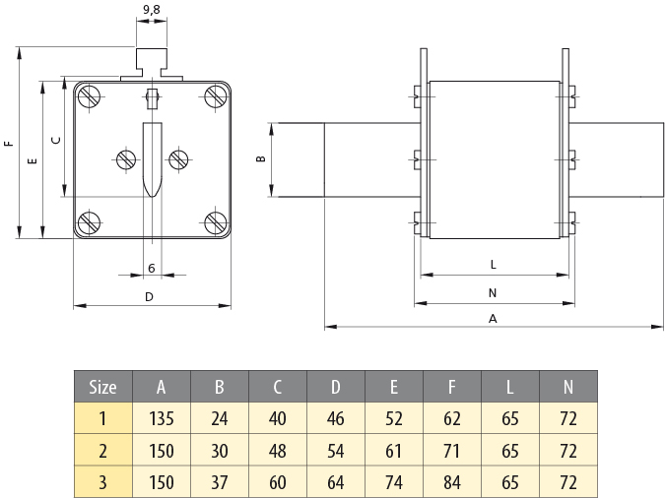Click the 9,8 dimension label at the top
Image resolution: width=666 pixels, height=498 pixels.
click(x=151, y=10)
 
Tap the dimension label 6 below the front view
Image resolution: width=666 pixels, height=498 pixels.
click(x=151, y=268)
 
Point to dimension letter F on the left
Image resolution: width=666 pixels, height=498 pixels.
click(x=9, y=144)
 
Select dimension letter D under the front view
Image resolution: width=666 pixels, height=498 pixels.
click(x=150, y=296)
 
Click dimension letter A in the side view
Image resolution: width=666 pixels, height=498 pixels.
click(x=493, y=318)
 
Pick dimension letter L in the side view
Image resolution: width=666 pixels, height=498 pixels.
click(x=493, y=265)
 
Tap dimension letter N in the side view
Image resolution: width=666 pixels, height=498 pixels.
click(x=493, y=292)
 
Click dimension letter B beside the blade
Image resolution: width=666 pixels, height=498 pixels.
click(x=261, y=158)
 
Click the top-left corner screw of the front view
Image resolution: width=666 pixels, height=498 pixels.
click(x=90, y=96)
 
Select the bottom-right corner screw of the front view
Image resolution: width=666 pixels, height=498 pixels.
click(x=216, y=222)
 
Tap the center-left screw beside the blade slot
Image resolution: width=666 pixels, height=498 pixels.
click(x=127, y=158)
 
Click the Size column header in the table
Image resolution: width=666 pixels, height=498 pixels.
click(x=102, y=387)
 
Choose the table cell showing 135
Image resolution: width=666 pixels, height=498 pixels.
click(x=161, y=418)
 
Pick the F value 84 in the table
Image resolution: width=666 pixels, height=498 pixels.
click(x=452, y=482)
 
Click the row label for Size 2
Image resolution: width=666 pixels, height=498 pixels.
click(x=102, y=451)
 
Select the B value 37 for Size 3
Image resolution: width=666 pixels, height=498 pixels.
click(x=219, y=482)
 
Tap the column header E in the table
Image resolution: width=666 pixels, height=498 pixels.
click(x=394, y=387)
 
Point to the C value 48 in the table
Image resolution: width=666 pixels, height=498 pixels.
click(x=277, y=451)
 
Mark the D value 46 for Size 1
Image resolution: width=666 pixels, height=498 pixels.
click(x=335, y=418)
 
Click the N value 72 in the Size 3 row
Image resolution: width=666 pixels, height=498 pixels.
click(x=568, y=482)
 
